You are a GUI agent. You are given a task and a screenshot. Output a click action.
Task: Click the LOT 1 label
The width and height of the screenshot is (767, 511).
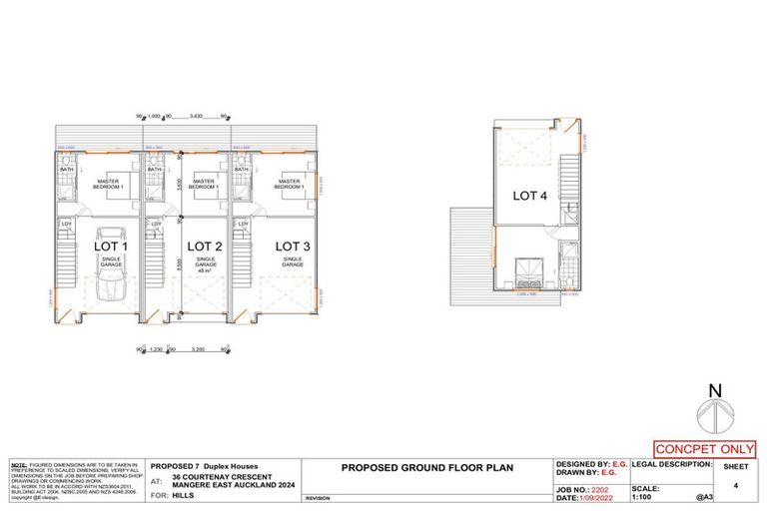pos(111,246)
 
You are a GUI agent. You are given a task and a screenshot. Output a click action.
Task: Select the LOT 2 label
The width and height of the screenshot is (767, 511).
pos(204,246)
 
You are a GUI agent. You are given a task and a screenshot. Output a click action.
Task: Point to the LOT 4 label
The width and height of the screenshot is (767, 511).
pos(530,196)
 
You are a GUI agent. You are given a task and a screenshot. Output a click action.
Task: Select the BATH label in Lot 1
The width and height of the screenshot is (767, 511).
pos(67,171)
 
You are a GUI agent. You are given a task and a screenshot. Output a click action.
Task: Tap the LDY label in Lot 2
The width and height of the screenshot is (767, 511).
pos(157,224)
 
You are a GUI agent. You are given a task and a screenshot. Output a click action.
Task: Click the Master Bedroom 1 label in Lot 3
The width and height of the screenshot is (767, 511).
pos(290,185)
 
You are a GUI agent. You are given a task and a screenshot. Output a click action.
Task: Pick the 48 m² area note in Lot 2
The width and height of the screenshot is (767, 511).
pos(205,270)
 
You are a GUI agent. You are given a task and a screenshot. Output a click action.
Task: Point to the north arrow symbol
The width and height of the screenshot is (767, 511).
pos(712,409)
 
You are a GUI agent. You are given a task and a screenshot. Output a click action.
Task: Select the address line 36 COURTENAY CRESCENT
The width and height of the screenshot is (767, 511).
pos(227,477)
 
